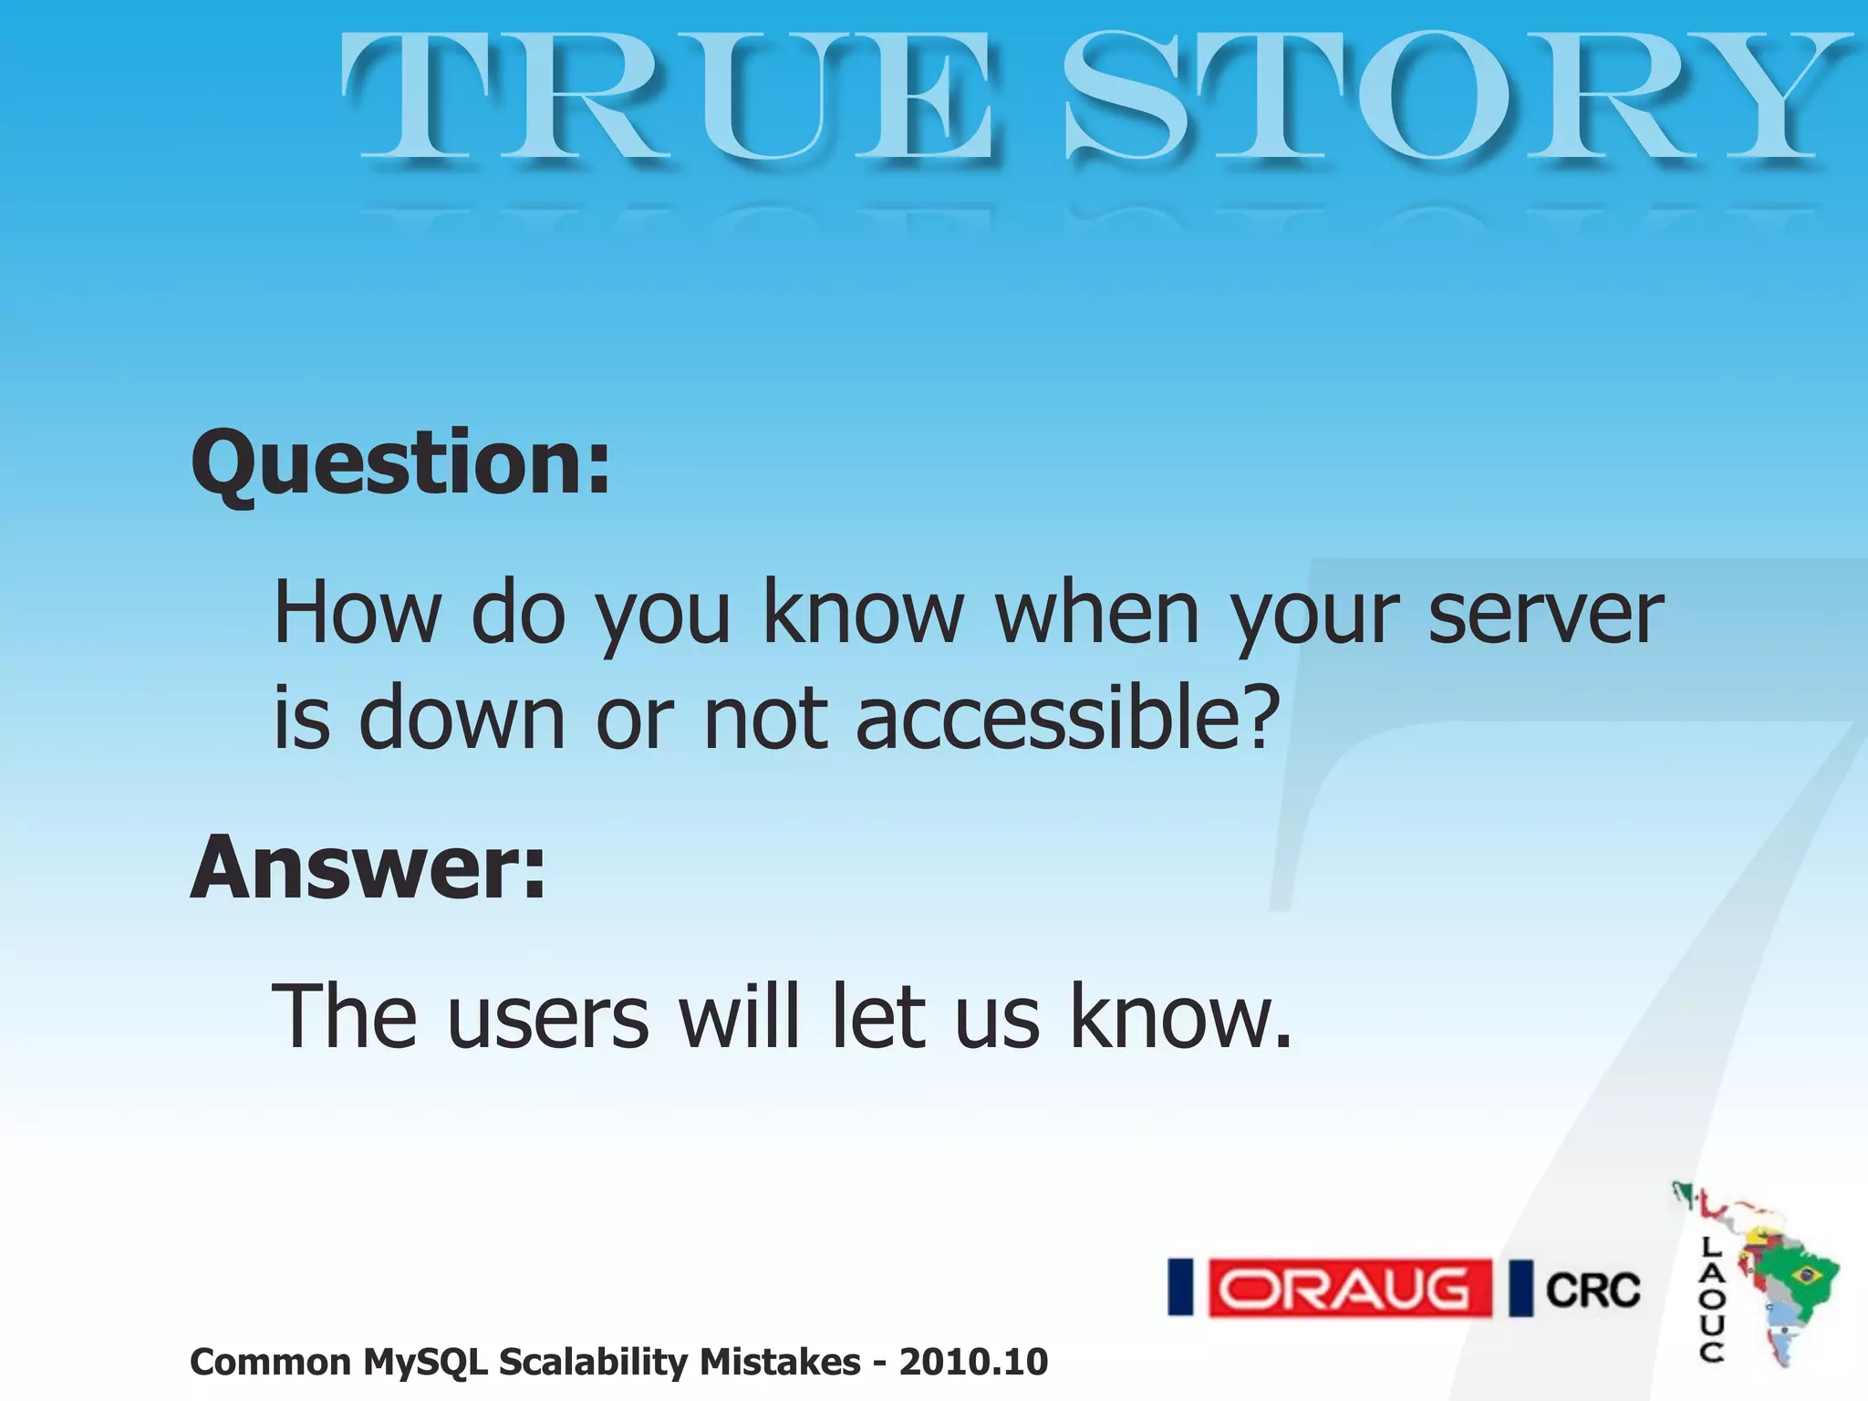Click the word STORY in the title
click(x=1450, y=99)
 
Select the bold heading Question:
click(x=400, y=465)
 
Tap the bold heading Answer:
click(x=368, y=868)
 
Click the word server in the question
click(x=1545, y=613)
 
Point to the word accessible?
click(x=1067, y=719)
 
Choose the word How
click(x=357, y=613)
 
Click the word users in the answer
click(x=548, y=1017)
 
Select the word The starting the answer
click(x=346, y=1017)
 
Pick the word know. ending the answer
click(x=1180, y=1017)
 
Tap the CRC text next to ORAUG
click(x=1593, y=1290)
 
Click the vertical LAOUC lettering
click(x=1712, y=1300)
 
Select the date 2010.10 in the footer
click(x=973, y=1363)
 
